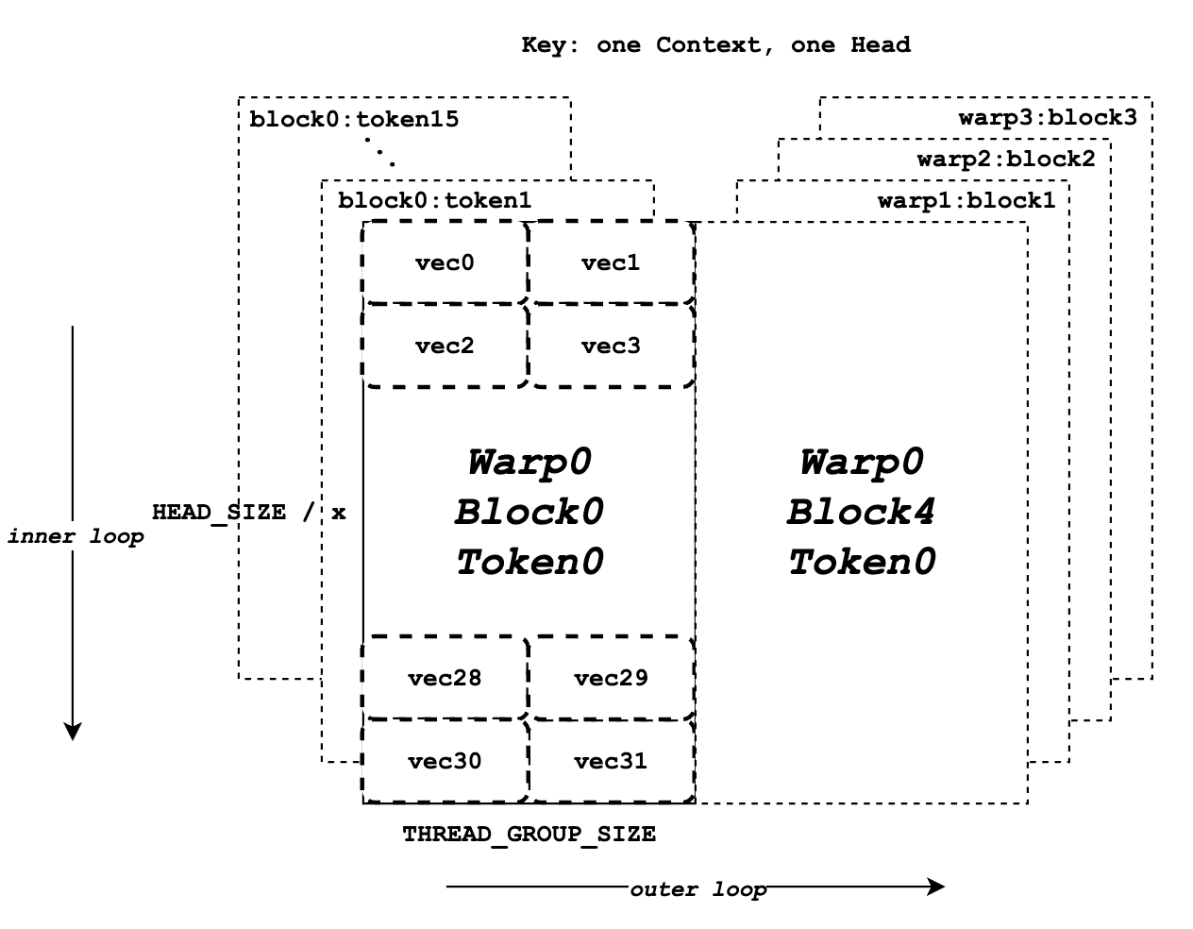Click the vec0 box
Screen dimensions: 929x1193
[445, 262]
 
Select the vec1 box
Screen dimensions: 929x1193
[611, 262]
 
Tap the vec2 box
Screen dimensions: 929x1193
[445, 346]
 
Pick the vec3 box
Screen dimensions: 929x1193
[611, 346]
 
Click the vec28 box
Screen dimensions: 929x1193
[445, 678]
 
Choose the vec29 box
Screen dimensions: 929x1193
[611, 678]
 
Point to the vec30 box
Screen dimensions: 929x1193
[445, 761]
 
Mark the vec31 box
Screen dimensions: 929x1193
[611, 761]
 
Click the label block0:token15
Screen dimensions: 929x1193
[354, 120]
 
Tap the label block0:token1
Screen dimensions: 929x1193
[434, 200]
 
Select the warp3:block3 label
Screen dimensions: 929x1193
[1048, 117]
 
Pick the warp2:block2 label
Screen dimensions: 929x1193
[1006, 159]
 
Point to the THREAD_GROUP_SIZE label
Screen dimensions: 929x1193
[529, 835]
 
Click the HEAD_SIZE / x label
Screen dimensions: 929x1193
[249, 513]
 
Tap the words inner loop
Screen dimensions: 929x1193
[76, 537]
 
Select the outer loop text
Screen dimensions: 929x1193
[697, 889]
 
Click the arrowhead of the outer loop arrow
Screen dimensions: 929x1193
[936, 886]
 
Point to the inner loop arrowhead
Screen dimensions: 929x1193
[73, 731]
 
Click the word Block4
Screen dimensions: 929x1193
[861, 513]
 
